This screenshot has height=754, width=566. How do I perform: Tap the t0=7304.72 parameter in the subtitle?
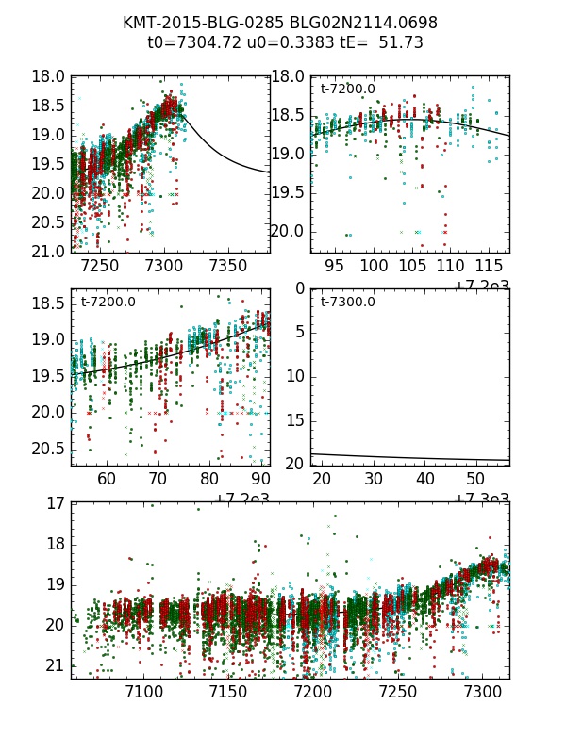pos(187,42)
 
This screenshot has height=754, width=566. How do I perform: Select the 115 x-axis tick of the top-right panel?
pos(491,267)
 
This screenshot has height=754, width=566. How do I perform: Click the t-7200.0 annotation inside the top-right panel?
pos(348,90)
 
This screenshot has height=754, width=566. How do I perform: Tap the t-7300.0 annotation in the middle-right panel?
pos(348,303)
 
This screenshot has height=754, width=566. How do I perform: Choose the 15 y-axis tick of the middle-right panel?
pos(294,419)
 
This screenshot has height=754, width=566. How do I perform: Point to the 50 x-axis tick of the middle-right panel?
pos(478,480)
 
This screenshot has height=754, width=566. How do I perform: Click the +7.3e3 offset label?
pos(482,499)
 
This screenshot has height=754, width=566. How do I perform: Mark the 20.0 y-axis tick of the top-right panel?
pos(289,231)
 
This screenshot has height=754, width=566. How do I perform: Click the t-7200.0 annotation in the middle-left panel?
pos(108,303)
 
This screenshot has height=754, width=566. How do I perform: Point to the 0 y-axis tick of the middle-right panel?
pos(299,289)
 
